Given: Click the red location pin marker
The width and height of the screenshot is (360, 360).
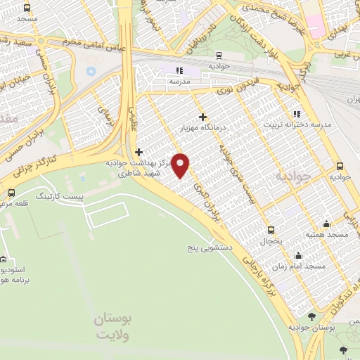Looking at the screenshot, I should tap(181, 165).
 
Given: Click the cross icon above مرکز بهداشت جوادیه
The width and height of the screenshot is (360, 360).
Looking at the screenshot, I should tap(139, 152).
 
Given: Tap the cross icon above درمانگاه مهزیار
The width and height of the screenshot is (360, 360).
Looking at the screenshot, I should tap(203, 117).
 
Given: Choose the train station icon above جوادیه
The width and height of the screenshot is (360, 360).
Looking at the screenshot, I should tap(220, 54).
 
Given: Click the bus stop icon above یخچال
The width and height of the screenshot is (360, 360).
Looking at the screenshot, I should tap(271, 230).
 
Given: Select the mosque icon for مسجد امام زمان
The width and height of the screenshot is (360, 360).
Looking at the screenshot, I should tap(299, 255).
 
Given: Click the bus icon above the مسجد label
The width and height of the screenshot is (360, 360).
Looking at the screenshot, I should tap(27, 8).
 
